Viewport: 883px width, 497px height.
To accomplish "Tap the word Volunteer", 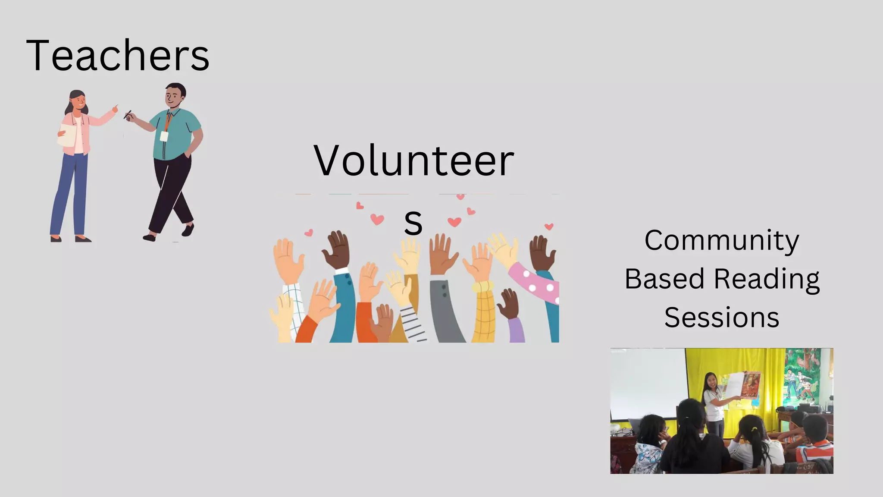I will [413, 160].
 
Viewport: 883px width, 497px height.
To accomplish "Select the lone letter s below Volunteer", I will [413, 223].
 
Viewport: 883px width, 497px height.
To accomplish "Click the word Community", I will [721, 241].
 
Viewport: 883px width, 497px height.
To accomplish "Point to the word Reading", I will [767, 279].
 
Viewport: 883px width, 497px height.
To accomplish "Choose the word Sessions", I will [721, 318].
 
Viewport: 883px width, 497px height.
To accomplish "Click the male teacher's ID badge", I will [164, 136].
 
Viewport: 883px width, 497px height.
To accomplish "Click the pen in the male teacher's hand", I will [127, 115].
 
